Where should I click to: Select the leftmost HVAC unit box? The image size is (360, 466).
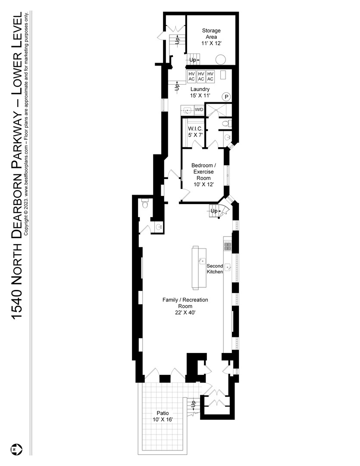coord(191,76)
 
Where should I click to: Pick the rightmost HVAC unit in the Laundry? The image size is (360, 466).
coord(210,76)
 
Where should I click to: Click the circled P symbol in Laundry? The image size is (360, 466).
coord(226,97)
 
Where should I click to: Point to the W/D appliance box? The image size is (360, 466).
coord(199,110)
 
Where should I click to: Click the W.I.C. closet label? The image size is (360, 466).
coord(195,129)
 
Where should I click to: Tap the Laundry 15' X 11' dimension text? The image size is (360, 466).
coord(200,96)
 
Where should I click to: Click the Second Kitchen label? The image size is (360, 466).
coord(215,269)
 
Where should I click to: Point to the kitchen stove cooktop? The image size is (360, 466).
coord(228,245)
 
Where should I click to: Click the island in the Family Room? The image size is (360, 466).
coord(199,268)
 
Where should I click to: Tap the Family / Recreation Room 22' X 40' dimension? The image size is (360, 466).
coord(185,313)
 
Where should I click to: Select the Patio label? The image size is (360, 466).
coord(163,413)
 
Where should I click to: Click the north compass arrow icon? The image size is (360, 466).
coord(15,449)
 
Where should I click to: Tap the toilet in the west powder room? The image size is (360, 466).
coord(145,204)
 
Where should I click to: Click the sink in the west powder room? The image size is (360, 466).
coord(159,227)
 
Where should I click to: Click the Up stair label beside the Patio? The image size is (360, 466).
coord(193,404)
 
